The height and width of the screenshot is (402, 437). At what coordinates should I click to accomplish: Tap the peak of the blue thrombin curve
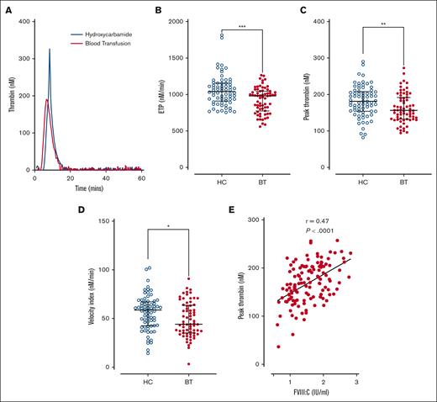(x=50, y=50)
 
